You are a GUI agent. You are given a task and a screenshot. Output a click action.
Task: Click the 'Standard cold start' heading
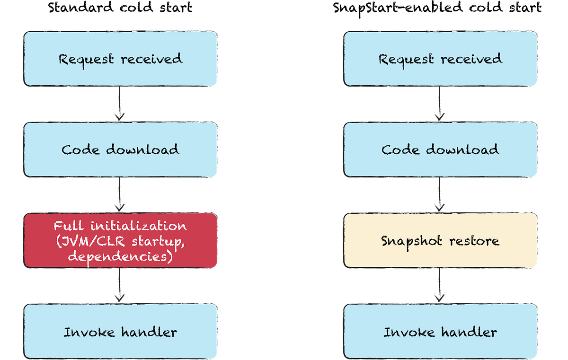click(120, 8)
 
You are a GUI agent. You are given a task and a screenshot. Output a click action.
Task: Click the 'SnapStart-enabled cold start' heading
click(437, 8)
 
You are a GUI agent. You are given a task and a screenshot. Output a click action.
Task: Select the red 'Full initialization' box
click(120, 240)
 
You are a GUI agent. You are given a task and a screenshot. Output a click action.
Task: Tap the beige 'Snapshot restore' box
click(441, 240)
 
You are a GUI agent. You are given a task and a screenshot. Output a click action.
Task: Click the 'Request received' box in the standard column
click(120, 59)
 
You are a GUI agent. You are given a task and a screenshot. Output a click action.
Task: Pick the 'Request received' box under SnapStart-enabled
click(441, 59)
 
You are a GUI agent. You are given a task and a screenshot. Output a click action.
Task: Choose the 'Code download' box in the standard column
click(120, 149)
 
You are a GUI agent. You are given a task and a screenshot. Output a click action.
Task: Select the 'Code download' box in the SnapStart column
click(441, 149)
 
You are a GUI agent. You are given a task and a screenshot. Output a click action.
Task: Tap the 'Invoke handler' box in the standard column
click(120, 332)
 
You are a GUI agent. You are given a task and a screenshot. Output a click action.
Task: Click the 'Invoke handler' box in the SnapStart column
click(441, 332)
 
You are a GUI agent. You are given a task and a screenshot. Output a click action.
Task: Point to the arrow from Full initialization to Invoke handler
click(119, 285)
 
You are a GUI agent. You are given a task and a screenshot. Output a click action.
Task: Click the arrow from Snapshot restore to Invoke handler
click(439, 285)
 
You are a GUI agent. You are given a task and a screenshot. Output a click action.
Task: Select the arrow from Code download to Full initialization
click(119, 194)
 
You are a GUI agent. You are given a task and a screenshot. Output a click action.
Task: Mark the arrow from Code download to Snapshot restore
click(439, 194)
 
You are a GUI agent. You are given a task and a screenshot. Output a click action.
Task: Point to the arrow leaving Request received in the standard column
click(119, 103)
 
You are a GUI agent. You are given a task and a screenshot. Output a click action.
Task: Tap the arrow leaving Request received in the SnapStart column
click(439, 103)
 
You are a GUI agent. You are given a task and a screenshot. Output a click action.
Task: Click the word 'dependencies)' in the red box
click(120, 257)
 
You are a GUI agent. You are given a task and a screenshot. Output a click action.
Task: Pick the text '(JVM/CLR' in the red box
click(90, 241)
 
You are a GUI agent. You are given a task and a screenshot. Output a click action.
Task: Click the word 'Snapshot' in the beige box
click(411, 241)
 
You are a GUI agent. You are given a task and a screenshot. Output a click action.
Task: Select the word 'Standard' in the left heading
click(80, 8)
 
